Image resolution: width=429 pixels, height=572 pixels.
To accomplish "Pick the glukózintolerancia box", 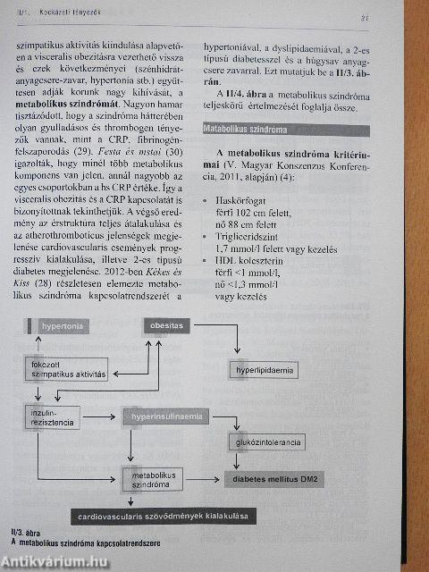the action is pyautogui.click(x=265, y=442).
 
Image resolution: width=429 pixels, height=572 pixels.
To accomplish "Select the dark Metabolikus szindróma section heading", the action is pyautogui.click(x=240, y=129).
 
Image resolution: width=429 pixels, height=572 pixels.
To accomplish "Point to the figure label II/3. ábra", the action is pyautogui.click(x=28, y=534).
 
